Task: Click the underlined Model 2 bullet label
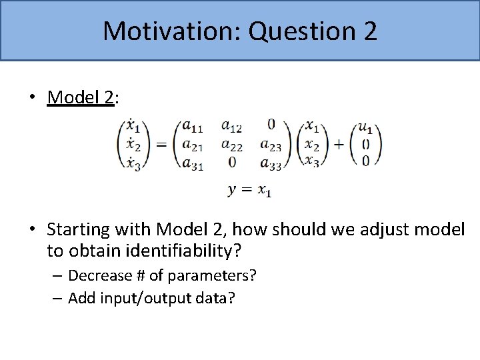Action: click(x=80, y=98)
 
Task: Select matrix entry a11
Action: click(x=193, y=126)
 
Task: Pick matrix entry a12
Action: click(x=232, y=126)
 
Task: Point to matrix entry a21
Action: click(x=193, y=145)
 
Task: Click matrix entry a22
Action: click(x=232, y=145)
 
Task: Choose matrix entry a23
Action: click(x=271, y=145)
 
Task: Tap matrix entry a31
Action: click(x=193, y=164)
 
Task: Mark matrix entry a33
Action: click(x=271, y=164)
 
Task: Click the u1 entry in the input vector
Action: click(x=365, y=126)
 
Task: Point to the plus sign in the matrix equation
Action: click(x=339, y=145)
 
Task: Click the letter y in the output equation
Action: click(x=232, y=191)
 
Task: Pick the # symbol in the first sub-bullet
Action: click(x=138, y=275)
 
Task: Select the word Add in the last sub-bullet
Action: click(x=82, y=298)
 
